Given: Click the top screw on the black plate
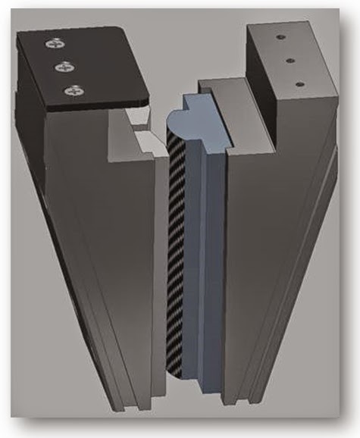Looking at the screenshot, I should (x=55, y=45).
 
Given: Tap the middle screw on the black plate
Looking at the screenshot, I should (x=64, y=67).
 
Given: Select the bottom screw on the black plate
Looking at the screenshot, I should (x=74, y=91).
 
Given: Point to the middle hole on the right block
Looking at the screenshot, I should (x=289, y=59).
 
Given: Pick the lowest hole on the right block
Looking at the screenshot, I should (x=299, y=83).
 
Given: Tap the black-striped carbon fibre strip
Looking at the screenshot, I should (x=174, y=250).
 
